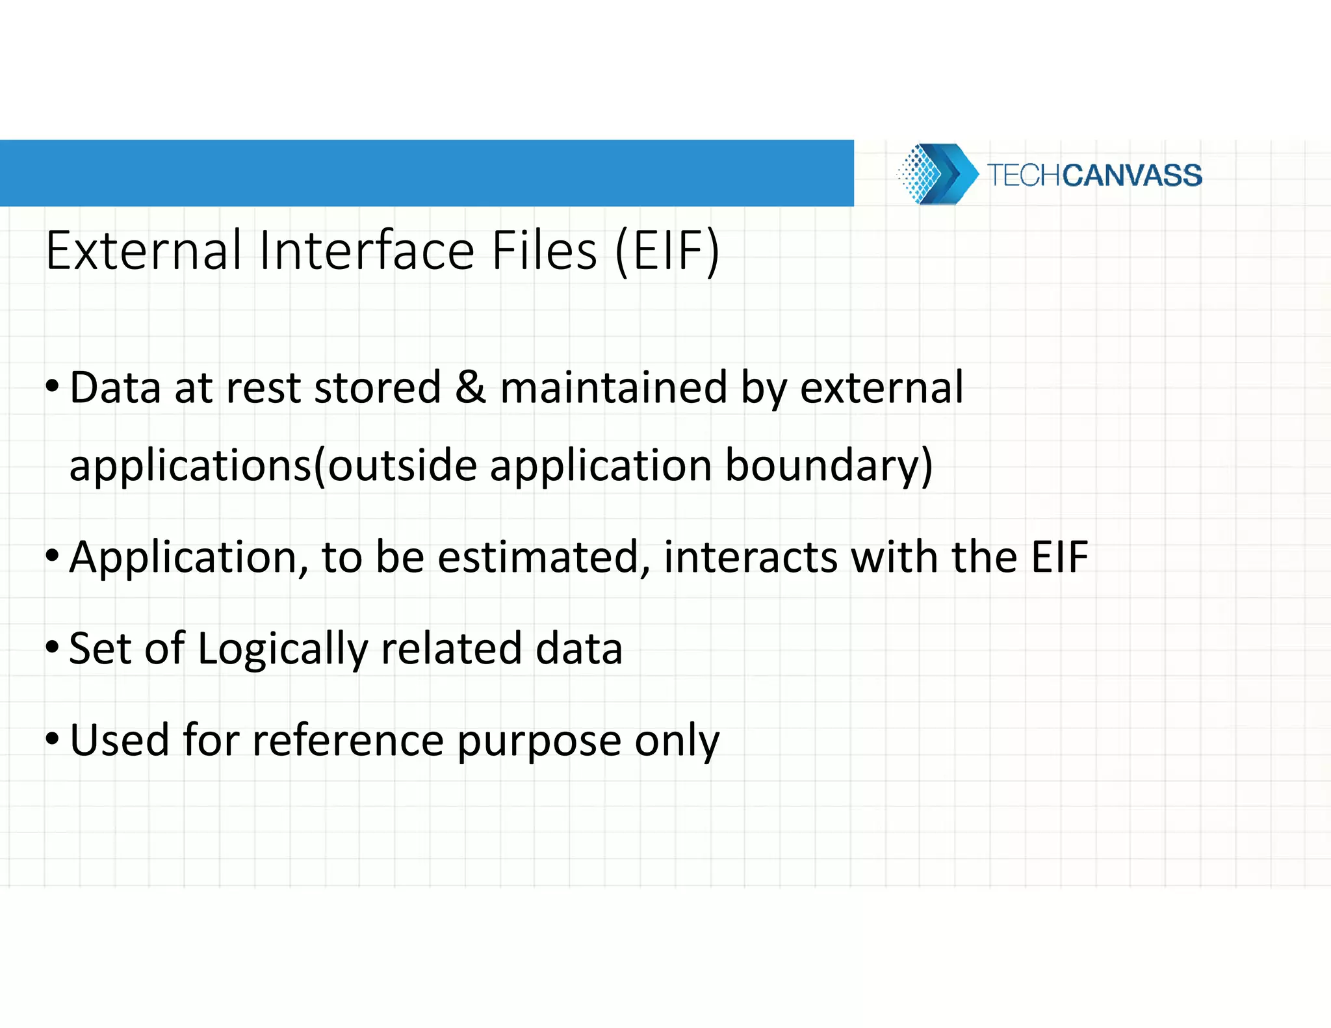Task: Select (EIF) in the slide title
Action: [x=667, y=251]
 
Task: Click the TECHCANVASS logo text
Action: [x=1094, y=175]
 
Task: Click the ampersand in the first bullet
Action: [x=470, y=388]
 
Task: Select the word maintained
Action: [x=614, y=388]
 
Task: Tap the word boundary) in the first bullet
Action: [x=829, y=466]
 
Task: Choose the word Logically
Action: [x=282, y=649]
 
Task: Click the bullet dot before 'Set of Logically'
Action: [x=53, y=647]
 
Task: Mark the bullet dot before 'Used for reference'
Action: [x=53, y=739]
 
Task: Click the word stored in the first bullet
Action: [x=378, y=388]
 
